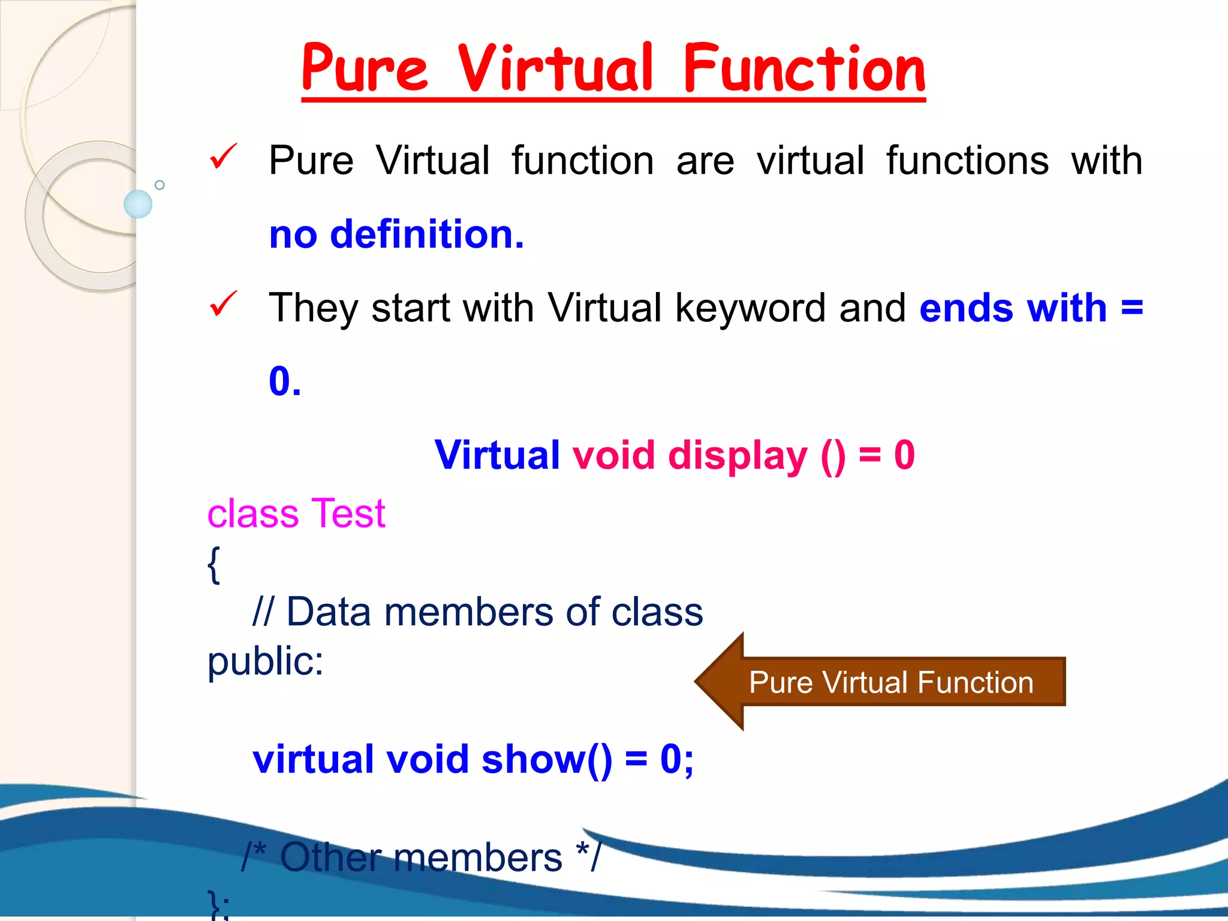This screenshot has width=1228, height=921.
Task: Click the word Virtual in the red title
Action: point(555,69)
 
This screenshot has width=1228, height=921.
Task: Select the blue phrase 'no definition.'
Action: point(396,234)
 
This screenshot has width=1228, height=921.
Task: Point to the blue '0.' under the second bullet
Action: point(285,381)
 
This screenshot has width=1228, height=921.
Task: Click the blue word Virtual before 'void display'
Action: point(497,455)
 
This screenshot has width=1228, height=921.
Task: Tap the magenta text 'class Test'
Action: point(296,514)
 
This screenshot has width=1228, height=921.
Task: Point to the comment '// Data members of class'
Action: point(477,612)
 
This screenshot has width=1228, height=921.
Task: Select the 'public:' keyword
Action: point(265,661)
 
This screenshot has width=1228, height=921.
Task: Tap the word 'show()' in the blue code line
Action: point(547,760)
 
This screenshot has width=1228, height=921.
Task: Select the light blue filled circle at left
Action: point(138,204)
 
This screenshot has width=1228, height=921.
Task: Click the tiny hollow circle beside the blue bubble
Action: point(159,185)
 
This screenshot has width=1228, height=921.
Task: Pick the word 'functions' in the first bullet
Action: point(967,161)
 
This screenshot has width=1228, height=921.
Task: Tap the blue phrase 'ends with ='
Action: point(1031,308)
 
